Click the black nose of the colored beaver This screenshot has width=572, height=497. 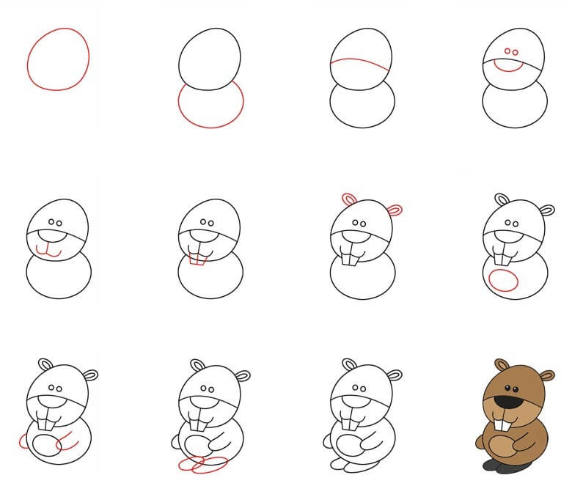pos(507,402)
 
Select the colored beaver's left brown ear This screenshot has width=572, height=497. pos(502,364)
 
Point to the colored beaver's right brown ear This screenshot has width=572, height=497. pos(546,376)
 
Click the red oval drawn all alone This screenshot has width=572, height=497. pos(58,59)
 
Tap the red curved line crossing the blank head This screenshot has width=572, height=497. pos(359,64)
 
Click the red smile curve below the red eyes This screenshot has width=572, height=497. pos(507,67)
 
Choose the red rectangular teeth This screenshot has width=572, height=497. pos(197,258)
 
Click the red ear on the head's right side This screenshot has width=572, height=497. pos(395,210)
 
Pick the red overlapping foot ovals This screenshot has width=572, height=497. pos(201,465)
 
